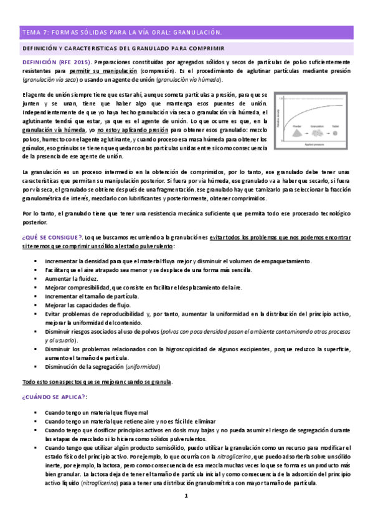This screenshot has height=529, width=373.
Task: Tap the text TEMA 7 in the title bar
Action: (x=34, y=31)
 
